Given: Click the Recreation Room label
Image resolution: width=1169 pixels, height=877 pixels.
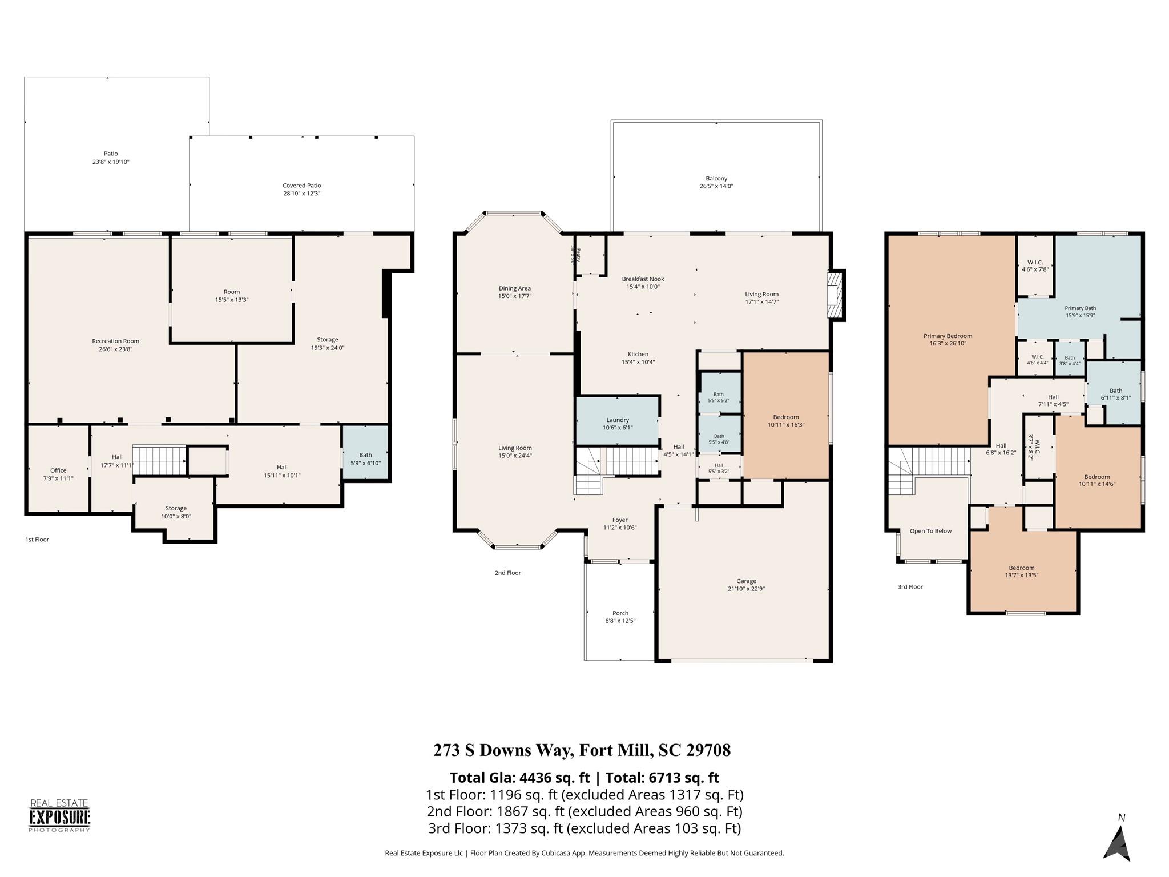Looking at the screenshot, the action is [x=116, y=341].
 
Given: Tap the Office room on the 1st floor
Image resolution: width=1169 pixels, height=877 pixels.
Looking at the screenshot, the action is [x=58, y=469].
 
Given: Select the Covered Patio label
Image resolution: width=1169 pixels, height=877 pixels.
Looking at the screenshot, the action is [x=302, y=186].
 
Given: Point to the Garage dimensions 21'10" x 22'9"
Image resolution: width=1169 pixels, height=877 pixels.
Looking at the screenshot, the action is [x=746, y=589].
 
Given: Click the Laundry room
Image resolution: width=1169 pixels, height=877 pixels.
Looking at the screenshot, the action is [x=618, y=420].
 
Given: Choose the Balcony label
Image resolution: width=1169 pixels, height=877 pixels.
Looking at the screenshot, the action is [x=716, y=179].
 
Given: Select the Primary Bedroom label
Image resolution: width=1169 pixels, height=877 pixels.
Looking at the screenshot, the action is [x=948, y=336].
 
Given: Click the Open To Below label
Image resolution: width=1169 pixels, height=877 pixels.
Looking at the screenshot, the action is [x=930, y=531].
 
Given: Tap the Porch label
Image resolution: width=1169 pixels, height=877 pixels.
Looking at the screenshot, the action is [x=620, y=613].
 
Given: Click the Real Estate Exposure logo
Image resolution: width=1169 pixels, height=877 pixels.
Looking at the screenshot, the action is [x=59, y=816].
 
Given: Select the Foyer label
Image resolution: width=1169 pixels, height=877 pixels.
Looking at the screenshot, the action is [x=620, y=520].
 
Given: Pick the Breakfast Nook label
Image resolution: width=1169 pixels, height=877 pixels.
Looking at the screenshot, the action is [x=643, y=279].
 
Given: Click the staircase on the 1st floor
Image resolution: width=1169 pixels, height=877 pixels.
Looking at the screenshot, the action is [x=160, y=460].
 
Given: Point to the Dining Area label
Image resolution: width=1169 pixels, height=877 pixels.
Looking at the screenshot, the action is [x=515, y=288].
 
